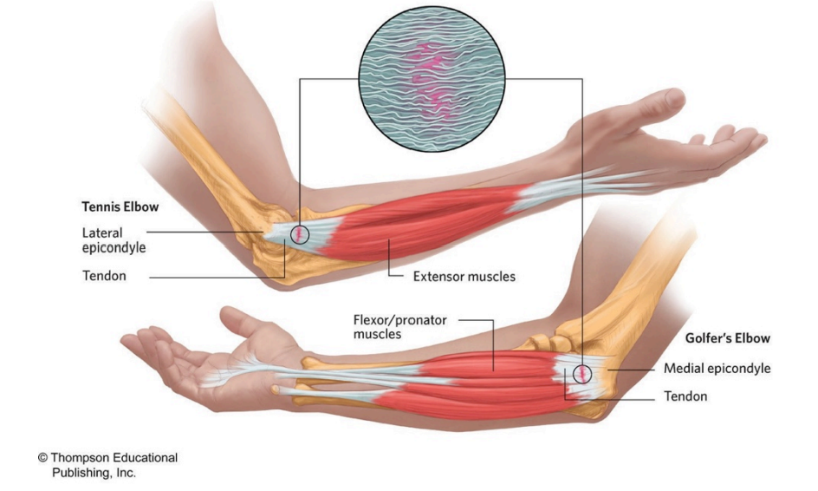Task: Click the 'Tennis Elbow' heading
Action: pos(118,209)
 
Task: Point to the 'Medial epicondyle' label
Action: pos(717,369)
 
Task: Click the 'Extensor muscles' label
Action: pos(464,277)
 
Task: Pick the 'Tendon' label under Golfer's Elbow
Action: pos(685,396)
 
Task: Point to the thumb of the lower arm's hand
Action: pos(234,323)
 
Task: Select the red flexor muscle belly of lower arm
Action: pos(468,382)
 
